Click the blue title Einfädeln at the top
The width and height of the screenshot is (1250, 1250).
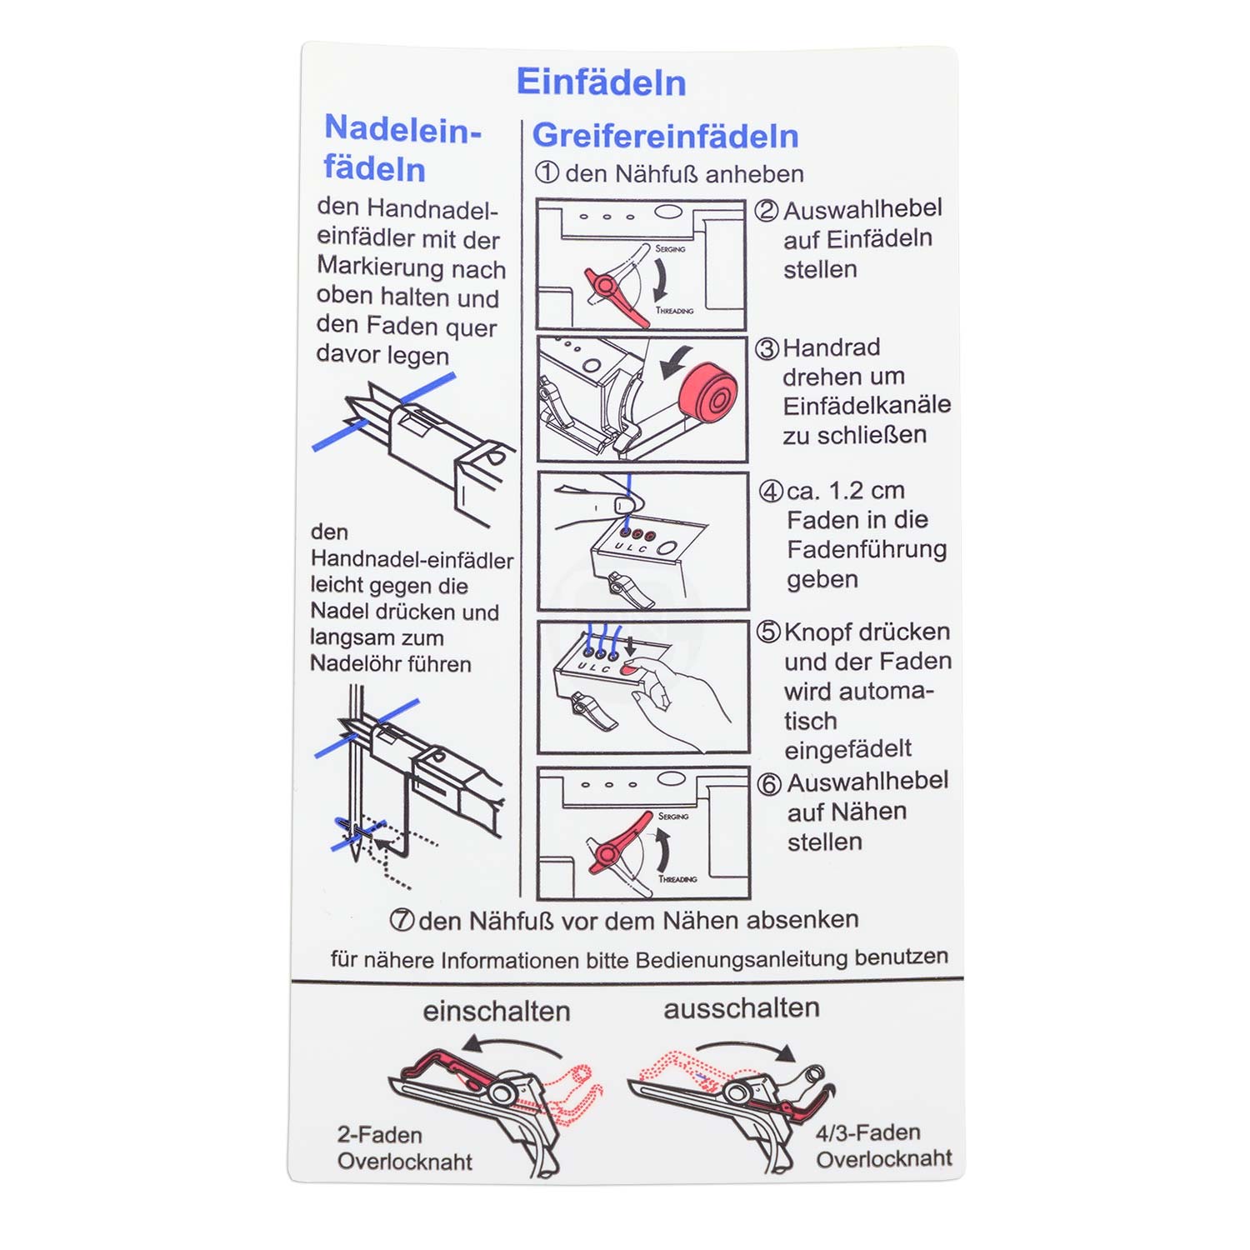click(x=601, y=82)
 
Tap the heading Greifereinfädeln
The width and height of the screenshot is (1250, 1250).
click(x=665, y=136)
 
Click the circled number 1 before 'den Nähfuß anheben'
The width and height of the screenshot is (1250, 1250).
click(x=547, y=172)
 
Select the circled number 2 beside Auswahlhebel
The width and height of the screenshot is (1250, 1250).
click(x=767, y=210)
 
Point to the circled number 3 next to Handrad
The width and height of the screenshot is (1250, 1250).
click(x=767, y=348)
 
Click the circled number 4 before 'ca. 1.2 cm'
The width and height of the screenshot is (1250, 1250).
click(x=771, y=491)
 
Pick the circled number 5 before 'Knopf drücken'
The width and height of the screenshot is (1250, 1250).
click(x=768, y=632)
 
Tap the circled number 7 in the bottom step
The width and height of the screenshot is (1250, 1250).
click(x=402, y=920)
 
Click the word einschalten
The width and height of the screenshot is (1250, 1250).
click(x=497, y=1011)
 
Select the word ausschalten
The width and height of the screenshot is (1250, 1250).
click(x=742, y=1008)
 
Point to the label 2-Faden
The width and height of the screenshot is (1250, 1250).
click(x=380, y=1135)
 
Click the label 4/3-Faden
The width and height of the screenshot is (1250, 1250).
click(x=868, y=1132)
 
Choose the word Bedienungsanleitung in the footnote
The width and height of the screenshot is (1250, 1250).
click(x=737, y=959)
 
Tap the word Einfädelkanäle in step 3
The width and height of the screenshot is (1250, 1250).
click(x=867, y=405)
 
